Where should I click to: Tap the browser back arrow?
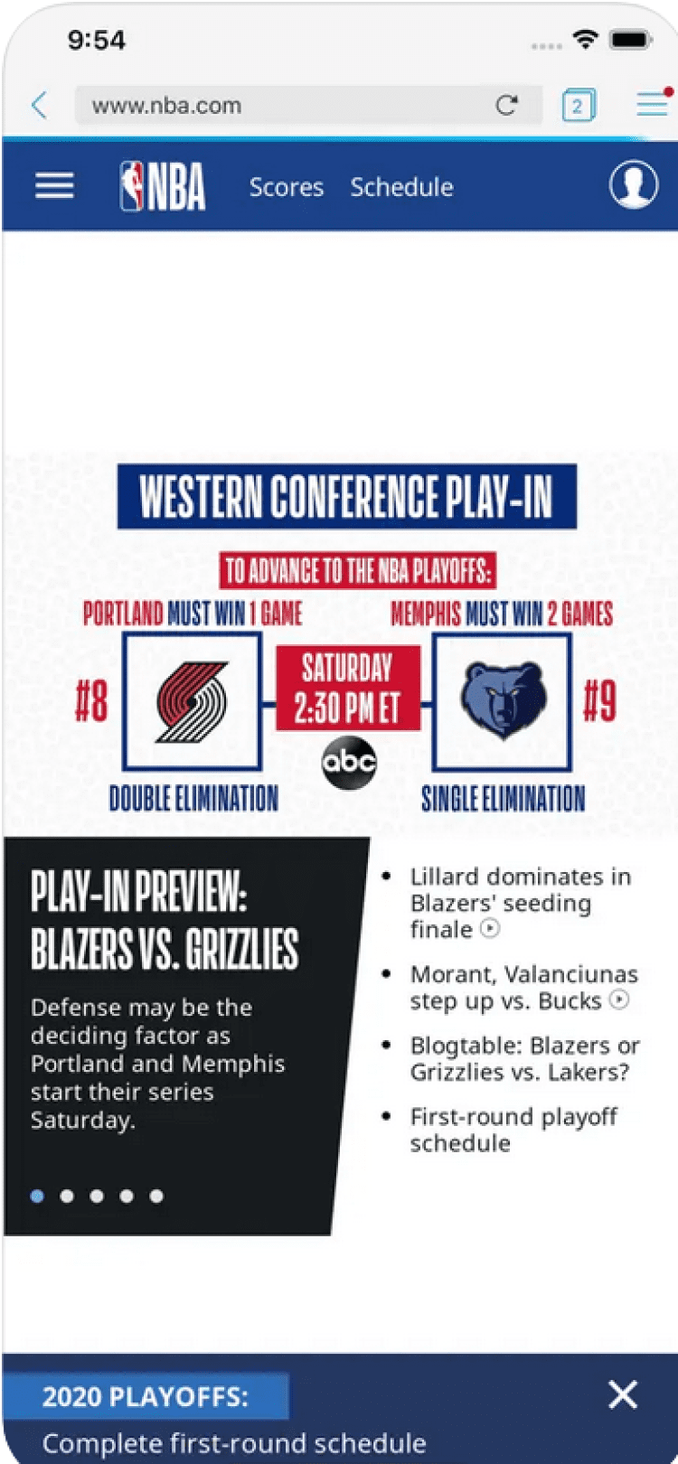(x=40, y=105)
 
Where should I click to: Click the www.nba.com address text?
(x=166, y=106)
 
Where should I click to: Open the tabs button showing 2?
(x=578, y=105)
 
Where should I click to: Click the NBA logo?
(x=162, y=186)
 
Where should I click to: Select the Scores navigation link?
(x=287, y=188)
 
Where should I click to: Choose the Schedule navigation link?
(x=401, y=188)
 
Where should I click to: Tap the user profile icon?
(x=634, y=184)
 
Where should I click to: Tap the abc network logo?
(x=349, y=763)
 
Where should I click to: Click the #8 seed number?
(x=91, y=702)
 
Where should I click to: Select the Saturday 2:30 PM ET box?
(x=348, y=688)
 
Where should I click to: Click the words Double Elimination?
(x=193, y=798)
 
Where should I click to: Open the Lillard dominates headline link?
(x=521, y=903)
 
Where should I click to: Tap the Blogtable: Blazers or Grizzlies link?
(x=525, y=1059)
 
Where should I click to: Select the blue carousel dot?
(x=37, y=1196)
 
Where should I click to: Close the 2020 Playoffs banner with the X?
(x=623, y=1394)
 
